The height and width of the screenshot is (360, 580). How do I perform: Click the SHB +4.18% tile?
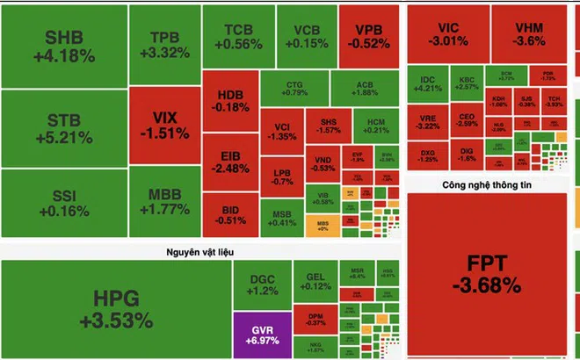[x=63, y=45]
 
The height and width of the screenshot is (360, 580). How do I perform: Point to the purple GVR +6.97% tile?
[x=262, y=333]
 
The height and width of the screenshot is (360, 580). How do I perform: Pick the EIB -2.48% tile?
[x=229, y=162]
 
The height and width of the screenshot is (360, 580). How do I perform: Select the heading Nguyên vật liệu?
[x=201, y=253]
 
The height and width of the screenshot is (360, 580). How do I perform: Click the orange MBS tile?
[x=323, y=225]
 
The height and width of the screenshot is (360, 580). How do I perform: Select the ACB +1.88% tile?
[x=365, y=88]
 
